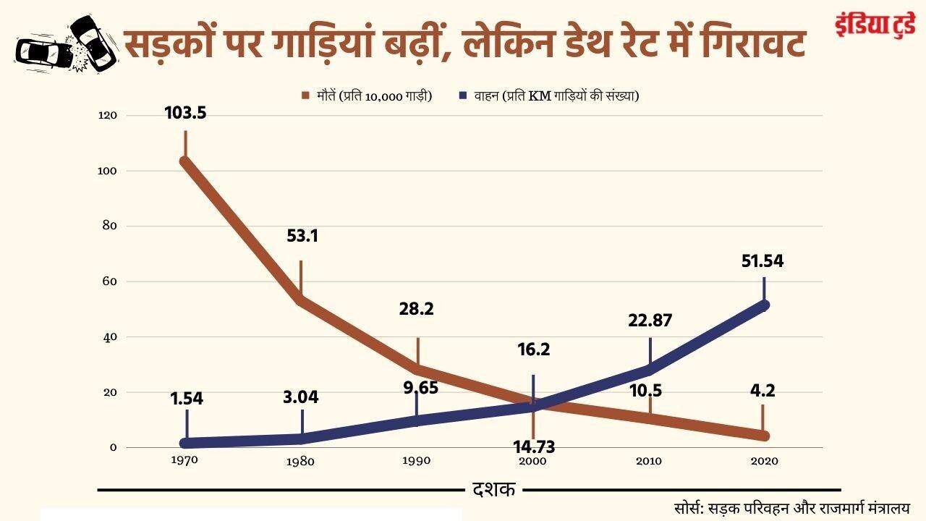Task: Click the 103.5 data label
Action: (185, 113)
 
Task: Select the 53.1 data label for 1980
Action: (302, 236)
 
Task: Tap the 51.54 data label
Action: (763, 261)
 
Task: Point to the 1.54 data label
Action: (187, 398)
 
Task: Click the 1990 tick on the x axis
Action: (417, 461)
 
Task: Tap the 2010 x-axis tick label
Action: (649, 461)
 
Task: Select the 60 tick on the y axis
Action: (111, 281)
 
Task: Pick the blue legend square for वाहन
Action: (462, 95)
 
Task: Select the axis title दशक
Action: (494, 490)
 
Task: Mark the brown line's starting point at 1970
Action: (185, 161)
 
